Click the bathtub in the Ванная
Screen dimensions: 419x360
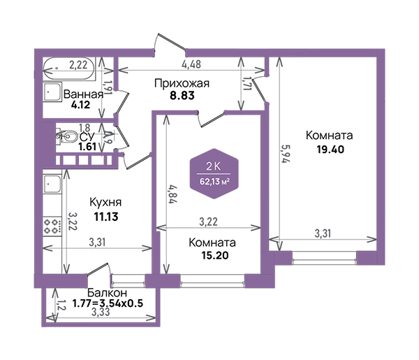69,69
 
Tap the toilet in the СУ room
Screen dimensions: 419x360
66,136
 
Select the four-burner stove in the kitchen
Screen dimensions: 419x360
52,226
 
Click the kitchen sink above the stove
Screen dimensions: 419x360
52,184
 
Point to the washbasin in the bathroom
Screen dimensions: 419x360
52,92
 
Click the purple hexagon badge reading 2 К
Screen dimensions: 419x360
214,173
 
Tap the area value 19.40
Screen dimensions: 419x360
330,149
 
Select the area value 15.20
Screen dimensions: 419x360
215,255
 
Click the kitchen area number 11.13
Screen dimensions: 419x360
106,217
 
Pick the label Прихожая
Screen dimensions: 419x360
182,83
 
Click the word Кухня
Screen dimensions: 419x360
105,203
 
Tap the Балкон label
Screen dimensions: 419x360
107,293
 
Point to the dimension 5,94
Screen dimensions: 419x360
286,154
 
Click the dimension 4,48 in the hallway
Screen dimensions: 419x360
191,64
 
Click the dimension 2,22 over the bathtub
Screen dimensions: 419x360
78,65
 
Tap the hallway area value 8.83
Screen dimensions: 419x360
182,96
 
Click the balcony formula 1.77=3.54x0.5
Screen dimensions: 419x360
108,303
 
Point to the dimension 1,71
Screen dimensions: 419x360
247,83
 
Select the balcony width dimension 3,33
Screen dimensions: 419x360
101,312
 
